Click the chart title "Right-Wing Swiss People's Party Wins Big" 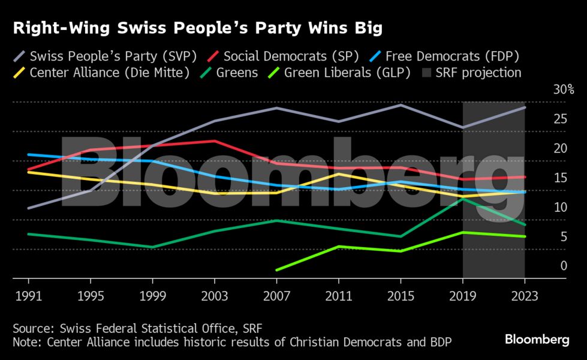coord(198,28)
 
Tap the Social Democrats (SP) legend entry coord(282,56)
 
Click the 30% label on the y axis coord(564,90)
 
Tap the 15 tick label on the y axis coord(560,178)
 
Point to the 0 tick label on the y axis coord(563,266)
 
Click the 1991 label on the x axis coord(29,296)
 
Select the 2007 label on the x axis coord(276,296)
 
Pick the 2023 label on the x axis coord(524,296)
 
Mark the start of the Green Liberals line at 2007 coord(276,270)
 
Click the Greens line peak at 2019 coord(462,199)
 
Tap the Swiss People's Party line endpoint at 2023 coord(525,107)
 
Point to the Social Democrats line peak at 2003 coord(214,141)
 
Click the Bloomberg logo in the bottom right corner coord(537,340)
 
